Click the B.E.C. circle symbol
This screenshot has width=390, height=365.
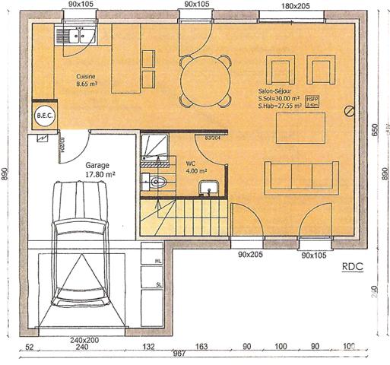point(42,116)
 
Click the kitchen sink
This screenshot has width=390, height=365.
point(75,33)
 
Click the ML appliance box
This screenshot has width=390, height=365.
point(158,261)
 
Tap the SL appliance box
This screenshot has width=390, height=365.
point(158,284)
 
